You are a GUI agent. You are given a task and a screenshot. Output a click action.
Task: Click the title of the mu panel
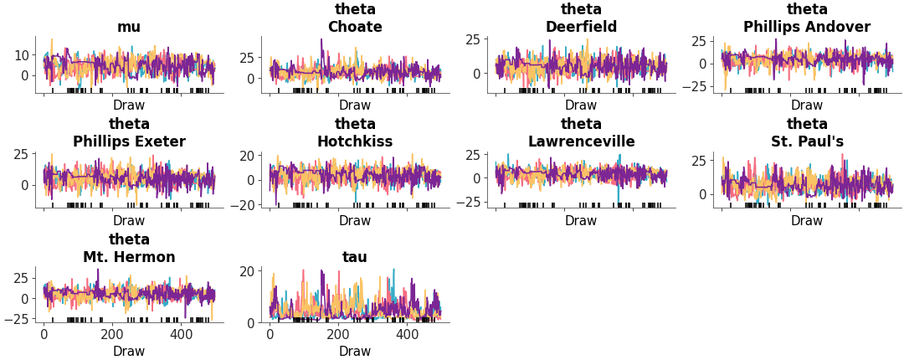(x=129, y=27)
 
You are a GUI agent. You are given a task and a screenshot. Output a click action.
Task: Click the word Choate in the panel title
(x=355, y=27)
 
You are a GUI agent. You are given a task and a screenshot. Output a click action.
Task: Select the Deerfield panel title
(x=581, y=27)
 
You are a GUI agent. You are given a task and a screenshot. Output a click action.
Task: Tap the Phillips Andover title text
(x=807, y=27)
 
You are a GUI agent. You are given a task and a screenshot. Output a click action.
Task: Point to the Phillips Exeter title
(x=129, y=141)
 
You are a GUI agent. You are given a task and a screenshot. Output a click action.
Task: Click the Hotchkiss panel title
(x=355, y=141)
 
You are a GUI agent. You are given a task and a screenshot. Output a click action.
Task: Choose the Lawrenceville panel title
(x=581, y=141)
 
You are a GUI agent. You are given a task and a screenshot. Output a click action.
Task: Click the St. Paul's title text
(x=807, y=141)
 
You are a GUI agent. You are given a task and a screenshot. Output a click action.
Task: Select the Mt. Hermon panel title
(x=129, y=257)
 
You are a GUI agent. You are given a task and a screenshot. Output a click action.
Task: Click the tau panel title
(x=355, y=257)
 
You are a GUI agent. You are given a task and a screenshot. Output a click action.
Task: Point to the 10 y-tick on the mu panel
(x=21, y=55)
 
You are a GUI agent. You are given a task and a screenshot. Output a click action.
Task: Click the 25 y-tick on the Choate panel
(x=247, y=58)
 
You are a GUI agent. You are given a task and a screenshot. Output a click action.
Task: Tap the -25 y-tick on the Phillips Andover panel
(x=697, y=87)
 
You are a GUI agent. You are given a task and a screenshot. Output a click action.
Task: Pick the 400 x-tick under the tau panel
(x=407, y=334)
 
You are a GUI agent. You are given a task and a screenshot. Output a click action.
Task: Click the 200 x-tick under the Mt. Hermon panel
(x=112, y=334)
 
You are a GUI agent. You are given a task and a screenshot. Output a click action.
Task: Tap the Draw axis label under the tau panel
(x=355, y=352)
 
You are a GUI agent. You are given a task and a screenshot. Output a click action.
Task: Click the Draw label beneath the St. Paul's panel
(x=807, y=221)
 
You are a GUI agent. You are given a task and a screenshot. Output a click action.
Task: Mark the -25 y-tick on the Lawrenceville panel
(x=471, y=202)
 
